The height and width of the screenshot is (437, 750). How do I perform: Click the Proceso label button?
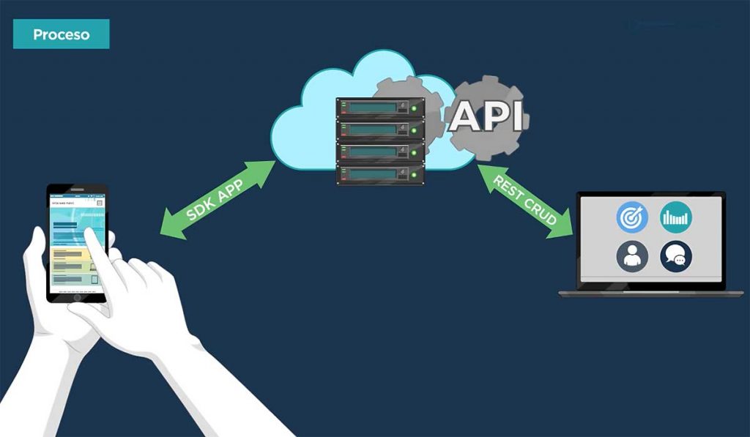61,34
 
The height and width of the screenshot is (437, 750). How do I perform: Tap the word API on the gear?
486,116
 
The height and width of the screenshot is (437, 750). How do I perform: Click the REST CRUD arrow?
525,200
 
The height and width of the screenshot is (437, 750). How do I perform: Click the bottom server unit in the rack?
379,174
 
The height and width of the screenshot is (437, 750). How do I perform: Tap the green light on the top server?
414,109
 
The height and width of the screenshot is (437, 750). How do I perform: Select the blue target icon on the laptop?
632,217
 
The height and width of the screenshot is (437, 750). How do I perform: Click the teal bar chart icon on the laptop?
676,217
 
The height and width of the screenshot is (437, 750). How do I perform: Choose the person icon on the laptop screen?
632,257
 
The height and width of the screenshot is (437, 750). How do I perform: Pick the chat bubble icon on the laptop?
676,257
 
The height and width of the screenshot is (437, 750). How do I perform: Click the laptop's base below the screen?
642,293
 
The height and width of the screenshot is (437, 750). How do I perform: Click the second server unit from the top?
379,130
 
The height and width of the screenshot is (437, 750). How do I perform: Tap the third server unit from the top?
379,152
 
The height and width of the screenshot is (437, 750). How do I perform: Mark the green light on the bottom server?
414,175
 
